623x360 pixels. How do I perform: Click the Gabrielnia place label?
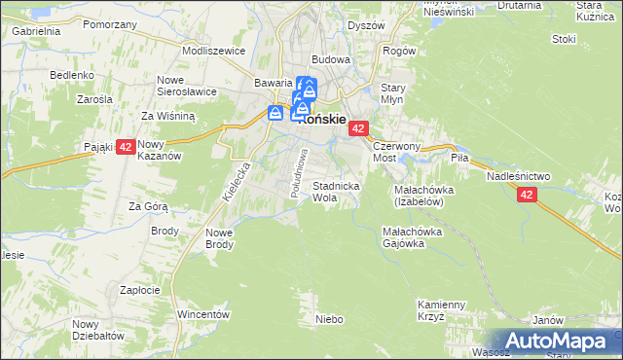coord(37,31)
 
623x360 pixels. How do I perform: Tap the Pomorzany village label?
coord(108,24)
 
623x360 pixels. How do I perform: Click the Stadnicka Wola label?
coord(337,191)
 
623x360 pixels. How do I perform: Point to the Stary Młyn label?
coord(392,93)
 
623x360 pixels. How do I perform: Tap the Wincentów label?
coord(202,315)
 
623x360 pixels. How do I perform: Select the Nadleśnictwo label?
coord(519,175)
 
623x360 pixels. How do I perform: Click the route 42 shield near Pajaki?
coord(126,148)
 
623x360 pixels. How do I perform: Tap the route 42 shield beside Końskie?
coord(358,128)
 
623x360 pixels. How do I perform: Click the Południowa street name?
coord(300,173)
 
